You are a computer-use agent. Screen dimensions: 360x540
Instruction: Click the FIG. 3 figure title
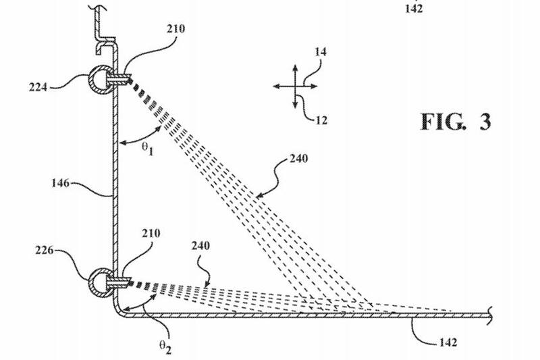click(456, 122)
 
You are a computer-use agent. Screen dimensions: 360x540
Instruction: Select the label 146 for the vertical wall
click(61, 182)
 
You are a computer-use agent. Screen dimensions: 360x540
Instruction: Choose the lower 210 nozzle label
click(152, 234)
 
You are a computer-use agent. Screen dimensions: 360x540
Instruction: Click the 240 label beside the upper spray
click(297, 160)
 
